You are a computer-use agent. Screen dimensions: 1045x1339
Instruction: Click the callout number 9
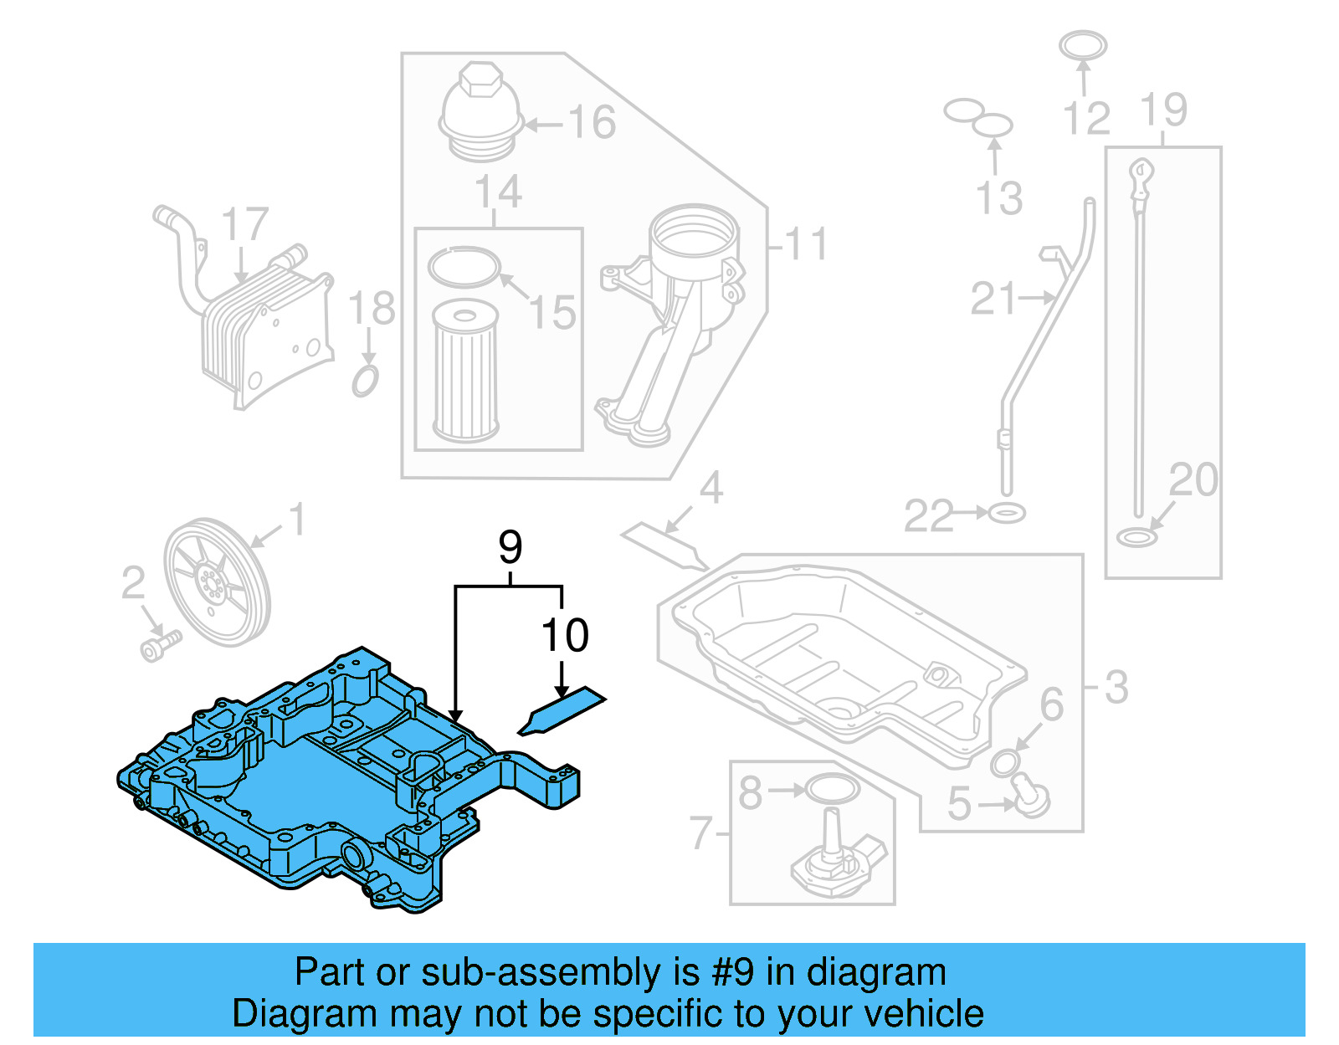click(x=510, y=548)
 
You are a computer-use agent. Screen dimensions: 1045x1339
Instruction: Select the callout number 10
click(x=565, y=636)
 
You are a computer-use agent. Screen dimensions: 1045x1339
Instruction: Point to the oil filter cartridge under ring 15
click(x=465, y=371)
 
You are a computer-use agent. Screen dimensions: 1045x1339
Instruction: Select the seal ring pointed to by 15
click(x=463, y=267)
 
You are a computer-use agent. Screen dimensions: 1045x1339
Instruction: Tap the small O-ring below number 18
click(x=365, y=381)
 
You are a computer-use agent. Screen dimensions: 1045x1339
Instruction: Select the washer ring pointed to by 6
click(x=1005, y=763)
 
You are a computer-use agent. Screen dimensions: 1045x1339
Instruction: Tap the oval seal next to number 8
click(x=832, y=788)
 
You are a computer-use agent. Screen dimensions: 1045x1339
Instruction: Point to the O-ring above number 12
click(x=1082, y=45)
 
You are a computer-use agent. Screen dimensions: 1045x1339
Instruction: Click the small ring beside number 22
click(x=1006, y=512)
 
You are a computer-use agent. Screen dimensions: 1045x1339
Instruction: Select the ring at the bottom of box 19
click(x=1136, y=537)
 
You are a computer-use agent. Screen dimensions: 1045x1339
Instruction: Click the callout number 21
click(x=993, y=299)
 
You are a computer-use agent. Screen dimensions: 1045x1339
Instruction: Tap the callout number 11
click(x=806, y=244)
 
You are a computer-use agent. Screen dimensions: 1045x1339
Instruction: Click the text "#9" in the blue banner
click(x=732, y=973)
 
